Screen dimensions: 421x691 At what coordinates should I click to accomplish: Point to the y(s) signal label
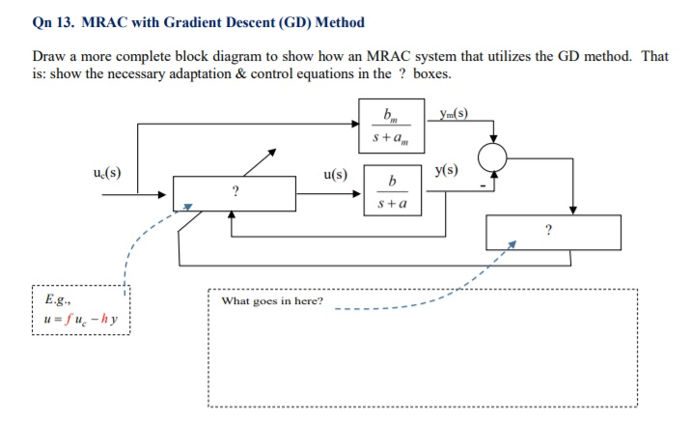(446, 171)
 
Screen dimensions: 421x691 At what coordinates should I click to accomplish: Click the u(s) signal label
(335, 175)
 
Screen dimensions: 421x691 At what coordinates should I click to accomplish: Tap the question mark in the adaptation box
(549, 232)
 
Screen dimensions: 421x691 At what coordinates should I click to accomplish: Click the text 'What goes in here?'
(272, 301)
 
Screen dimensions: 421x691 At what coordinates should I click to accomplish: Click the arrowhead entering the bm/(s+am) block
(354, 123)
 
